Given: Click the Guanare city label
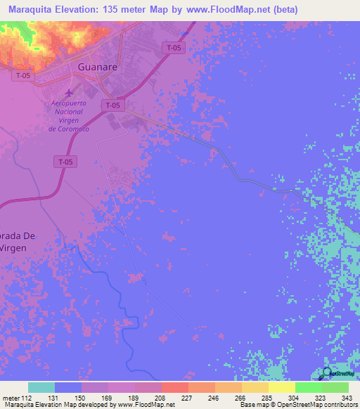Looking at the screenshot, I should coord(96,69).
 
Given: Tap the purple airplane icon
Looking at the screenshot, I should coord(68,93).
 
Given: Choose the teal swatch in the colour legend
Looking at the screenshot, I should coord(41,387).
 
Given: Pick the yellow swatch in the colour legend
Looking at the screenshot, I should coord(282,387).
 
